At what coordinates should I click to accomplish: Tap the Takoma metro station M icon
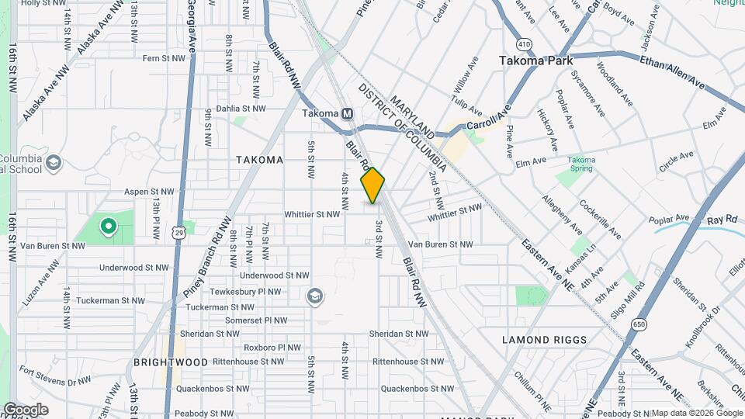tap(348, 113)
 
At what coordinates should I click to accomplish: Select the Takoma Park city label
tap(535, 60)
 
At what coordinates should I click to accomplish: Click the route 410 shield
tap(525, 46)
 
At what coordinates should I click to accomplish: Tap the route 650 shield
tap(639, 324)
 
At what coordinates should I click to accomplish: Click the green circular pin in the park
tap(109, 227)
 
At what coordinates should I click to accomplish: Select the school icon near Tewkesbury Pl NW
tap(314, 295)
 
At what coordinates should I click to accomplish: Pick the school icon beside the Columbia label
tap(53, 162)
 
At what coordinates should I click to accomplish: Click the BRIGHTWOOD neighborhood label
tap(171, 362)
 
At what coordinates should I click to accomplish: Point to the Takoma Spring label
tap(580, 164)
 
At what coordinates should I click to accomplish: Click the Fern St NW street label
tap(164, 58)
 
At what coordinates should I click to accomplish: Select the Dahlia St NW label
tap(241, 109)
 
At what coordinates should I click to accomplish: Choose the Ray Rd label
tap(722, 220)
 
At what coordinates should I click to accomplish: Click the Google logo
tap(26, 410)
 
